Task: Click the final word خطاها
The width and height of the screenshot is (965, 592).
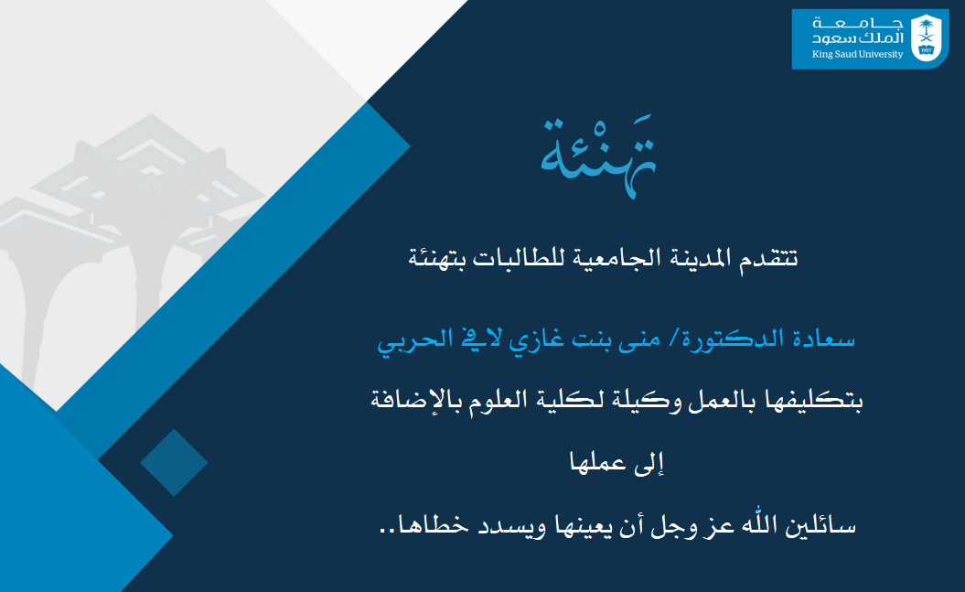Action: (415, 528)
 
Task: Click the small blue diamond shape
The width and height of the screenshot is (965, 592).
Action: (174, 463)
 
